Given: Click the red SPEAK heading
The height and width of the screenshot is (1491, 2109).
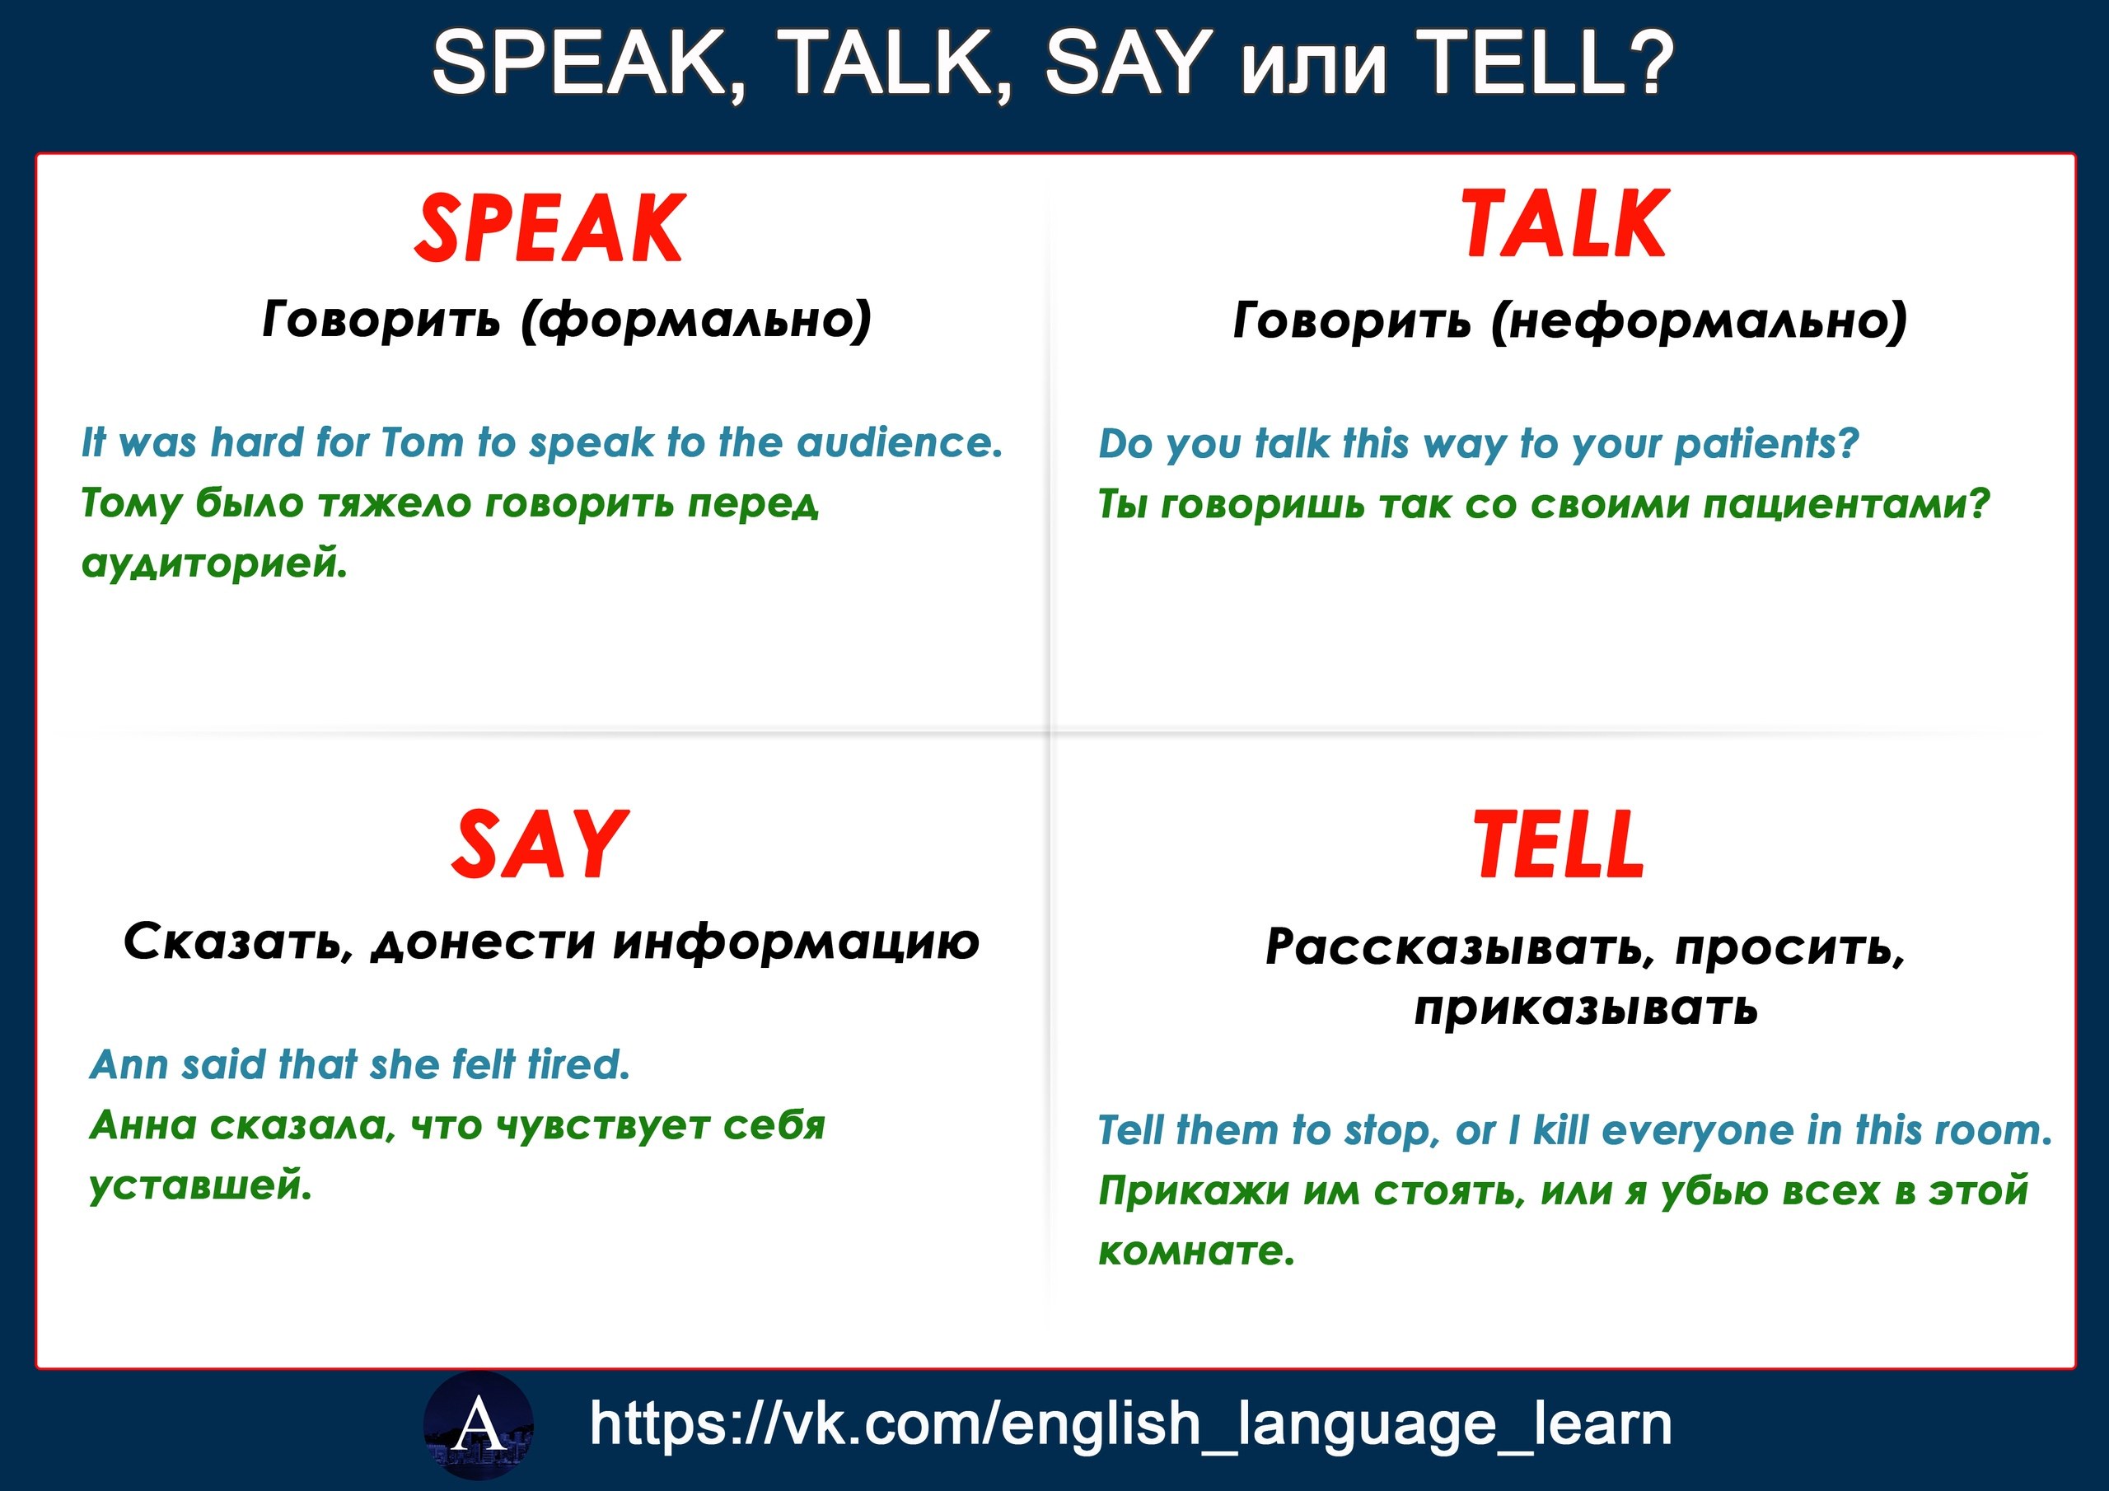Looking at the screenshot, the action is [x=549, y=228].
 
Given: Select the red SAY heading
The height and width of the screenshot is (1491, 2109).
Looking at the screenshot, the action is [x=540, y=844].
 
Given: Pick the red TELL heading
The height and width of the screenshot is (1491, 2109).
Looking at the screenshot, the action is [x=1559, y=844].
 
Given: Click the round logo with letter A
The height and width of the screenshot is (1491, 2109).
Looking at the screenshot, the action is [x=479, y=1425].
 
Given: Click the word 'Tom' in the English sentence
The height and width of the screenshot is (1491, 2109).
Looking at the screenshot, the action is [x=423, y=443].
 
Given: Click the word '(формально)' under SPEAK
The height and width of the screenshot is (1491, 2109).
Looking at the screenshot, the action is [x=695, y=320].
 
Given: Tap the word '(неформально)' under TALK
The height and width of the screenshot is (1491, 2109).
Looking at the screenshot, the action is [x=1699, y=320].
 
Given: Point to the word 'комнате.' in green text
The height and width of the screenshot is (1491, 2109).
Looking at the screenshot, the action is [x=1196, y=1251].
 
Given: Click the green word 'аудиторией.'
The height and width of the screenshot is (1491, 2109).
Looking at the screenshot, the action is [x=215, y=564].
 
